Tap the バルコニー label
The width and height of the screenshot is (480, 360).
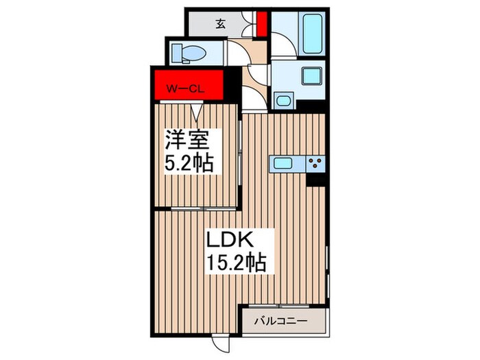coord(281,320)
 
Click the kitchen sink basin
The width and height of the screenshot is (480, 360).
coord(283,163)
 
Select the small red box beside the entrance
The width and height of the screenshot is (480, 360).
coord(261,23)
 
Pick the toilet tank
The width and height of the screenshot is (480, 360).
coord(173,52)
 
